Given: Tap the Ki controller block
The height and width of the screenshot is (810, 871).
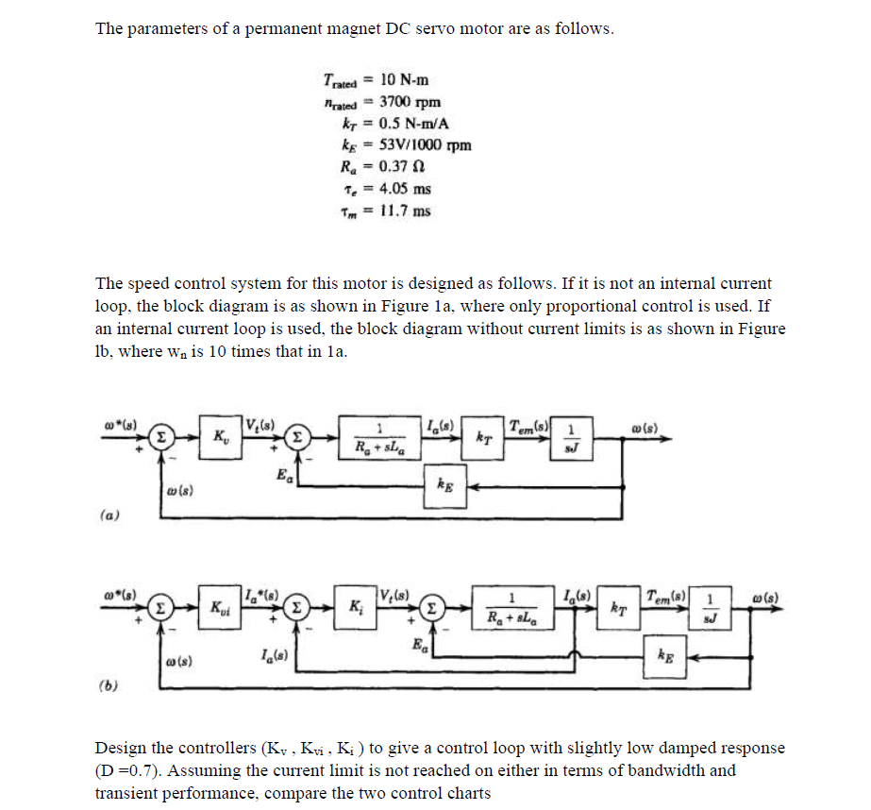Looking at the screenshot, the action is point(355,604).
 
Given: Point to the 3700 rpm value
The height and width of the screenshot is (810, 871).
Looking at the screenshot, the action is point(410,102).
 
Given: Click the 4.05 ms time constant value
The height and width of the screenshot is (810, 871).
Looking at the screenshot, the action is point(404,188).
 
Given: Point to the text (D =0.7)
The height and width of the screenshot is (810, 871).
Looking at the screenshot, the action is point(129,770).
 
